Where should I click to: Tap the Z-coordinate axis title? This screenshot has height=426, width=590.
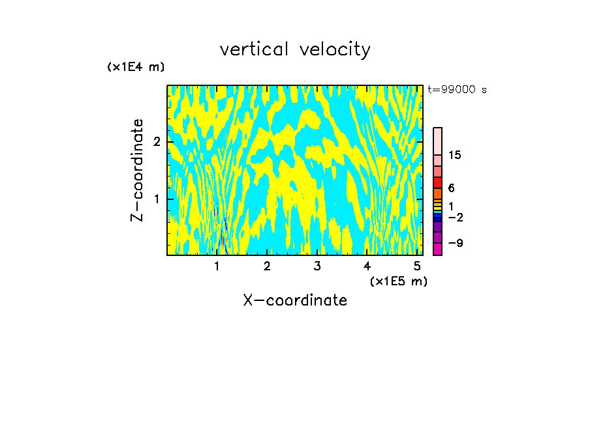tap(138, 170)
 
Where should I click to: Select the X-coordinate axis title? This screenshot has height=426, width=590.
tap(295, 300)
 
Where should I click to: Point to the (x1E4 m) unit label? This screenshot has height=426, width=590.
tap(136, 67)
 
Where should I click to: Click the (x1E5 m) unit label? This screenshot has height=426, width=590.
tap(398, 281)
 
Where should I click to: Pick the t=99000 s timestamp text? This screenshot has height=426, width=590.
tap(457, 90)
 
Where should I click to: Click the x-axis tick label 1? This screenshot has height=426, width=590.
tap(217, 266)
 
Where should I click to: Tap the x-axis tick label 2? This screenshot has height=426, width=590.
tap(267, 266)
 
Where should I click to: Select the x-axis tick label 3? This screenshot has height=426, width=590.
tap(317, 266)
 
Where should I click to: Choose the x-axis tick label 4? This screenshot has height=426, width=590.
tap(367, 266)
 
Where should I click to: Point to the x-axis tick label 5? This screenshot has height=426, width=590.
tap(417, 266)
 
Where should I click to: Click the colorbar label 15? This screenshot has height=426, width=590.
tap(455, 155)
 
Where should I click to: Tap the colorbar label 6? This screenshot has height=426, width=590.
tap(451, 188)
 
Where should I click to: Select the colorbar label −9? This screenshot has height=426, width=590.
tap(454, 243)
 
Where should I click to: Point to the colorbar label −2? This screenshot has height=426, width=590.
tap(454, 217)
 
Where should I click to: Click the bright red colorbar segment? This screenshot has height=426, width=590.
tap(437, 182)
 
